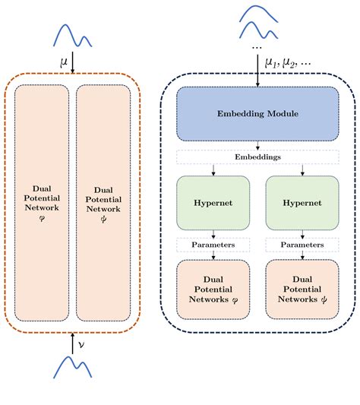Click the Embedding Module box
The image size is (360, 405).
[x=257, y=113]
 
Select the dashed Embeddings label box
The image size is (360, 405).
[x=257, y=157]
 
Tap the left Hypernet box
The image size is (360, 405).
[x=213, y=204]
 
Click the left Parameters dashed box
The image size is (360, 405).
[x=213, y=245]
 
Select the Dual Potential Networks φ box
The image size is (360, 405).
[x=213, y=290]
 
